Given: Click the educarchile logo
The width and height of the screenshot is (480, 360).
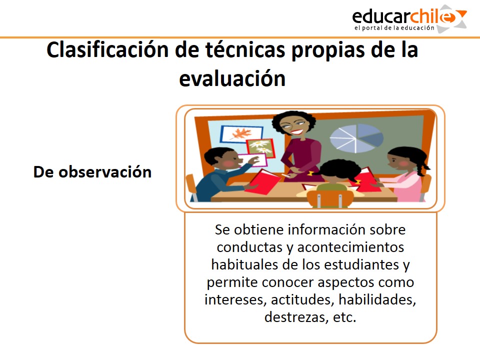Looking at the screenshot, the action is [x=409, y=19].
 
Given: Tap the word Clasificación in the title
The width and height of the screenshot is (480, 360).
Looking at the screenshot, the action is [x=107, y=50].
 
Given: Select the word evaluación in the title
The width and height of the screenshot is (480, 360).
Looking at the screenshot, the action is [x=232, y=79].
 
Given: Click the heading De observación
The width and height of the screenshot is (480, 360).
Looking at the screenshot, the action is [x=92, y=172].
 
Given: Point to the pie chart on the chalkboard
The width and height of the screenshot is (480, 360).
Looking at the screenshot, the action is [x=356, y=138].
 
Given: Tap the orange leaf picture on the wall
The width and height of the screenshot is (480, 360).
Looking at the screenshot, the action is [x=241, y=133].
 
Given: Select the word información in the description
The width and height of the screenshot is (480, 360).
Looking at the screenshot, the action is [x=327, y=229].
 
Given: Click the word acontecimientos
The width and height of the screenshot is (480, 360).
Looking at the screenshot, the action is [x=350, y=247].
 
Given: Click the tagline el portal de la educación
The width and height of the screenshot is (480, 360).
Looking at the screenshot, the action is [x=394, y=28].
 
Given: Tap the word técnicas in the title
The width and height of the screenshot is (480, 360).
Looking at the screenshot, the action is [x=245, y=50].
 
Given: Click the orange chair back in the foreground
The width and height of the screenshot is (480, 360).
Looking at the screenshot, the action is [x=330, y=199].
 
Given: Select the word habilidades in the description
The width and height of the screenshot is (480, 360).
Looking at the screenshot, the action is [x=377, y=299].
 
